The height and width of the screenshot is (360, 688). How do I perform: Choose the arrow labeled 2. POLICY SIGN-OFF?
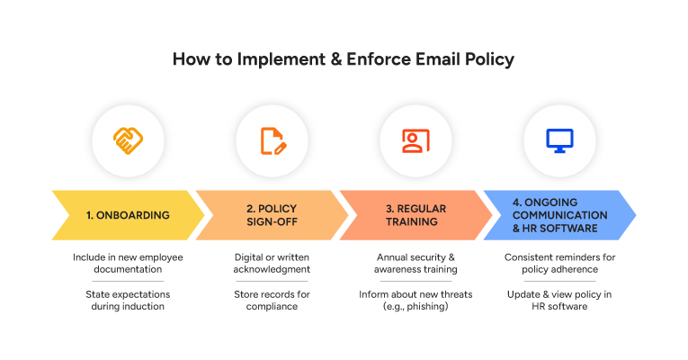point(272,215)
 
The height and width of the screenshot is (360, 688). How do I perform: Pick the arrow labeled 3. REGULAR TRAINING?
point(415,215)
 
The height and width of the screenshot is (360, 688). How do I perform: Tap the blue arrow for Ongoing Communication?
point(559,215)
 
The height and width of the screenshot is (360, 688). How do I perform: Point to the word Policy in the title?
point(492,61)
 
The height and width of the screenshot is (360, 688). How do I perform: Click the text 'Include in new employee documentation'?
point(128,264)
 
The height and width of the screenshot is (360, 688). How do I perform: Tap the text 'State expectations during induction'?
point(128,301)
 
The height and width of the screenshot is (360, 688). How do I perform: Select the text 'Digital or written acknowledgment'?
point(272,264)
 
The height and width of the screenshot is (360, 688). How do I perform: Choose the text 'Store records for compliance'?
point(272,301)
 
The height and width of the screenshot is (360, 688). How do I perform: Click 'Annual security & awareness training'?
point(415,264)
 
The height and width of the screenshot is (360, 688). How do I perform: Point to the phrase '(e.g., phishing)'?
point(415,307)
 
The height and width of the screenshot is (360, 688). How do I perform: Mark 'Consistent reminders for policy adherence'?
point(559,264)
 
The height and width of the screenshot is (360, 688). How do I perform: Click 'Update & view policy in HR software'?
point(559,301)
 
